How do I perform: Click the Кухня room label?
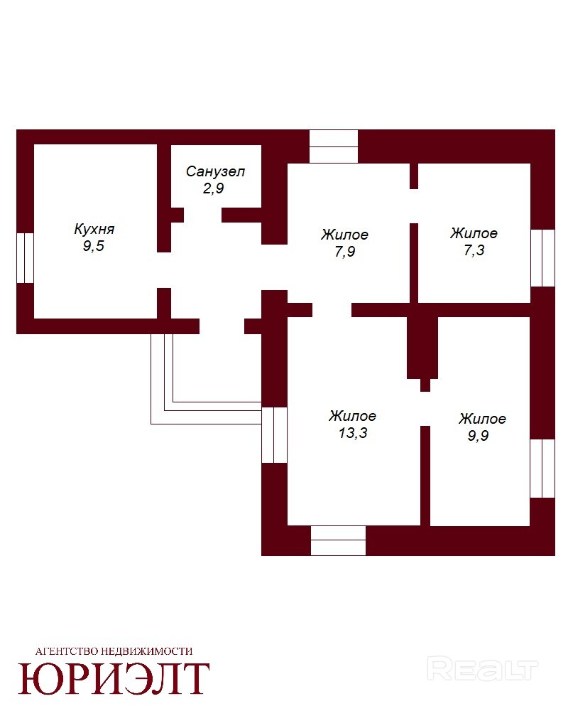click(x=94, y=228)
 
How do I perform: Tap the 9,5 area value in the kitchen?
click(x=93, y=246)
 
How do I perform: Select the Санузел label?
click(x=216, y=171)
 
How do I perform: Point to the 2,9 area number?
click(x=213, y=188)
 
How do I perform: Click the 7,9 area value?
click(x=344, y=251)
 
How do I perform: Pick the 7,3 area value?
click(x=474, y=250)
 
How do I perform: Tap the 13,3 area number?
click(x=353, y=432)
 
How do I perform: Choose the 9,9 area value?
click(x=479, y=435)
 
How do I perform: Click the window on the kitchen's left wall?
click(x=25, y=258)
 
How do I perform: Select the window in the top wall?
click(x=334, y=146)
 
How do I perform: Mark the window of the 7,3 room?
click(x=542, y=258)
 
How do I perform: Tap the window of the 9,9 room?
click(x=542, y=469)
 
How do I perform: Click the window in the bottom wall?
click(x=339, y=540)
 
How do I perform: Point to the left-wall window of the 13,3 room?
click(x=275, y=435)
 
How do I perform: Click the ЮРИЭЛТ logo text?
click(x=114, y=679)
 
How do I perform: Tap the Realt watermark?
click(x=482, y=669)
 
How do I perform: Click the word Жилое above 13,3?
click(x=352, y=416)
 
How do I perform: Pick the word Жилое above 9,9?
click(x=482, y=419)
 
